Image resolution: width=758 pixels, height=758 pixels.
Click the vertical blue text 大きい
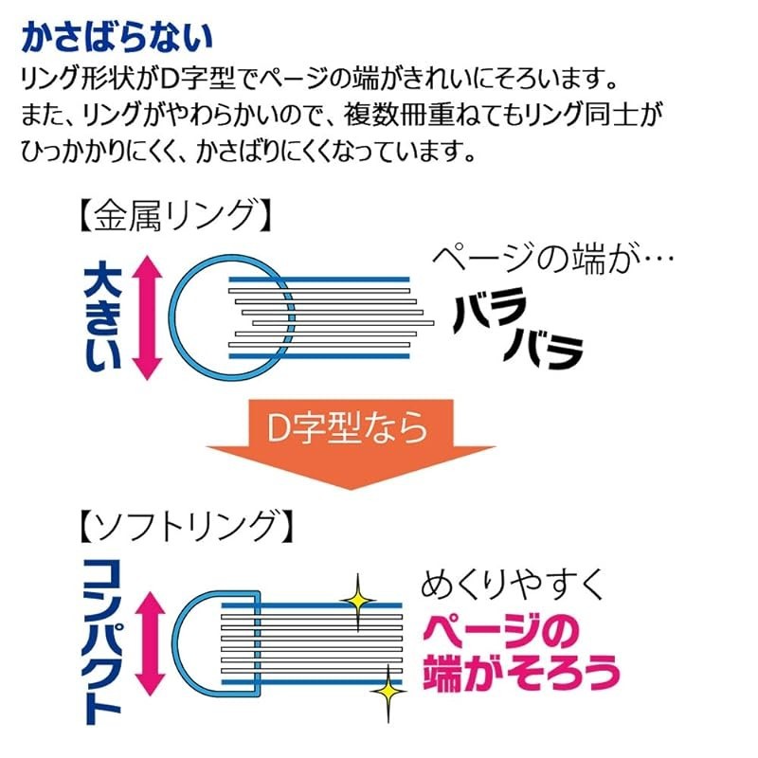coord(103,316)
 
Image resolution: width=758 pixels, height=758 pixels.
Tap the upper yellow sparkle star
coord(358,599)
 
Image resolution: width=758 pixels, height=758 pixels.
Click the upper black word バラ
coord(490,310)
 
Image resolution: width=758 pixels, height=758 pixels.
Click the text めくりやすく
coord(512,586)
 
